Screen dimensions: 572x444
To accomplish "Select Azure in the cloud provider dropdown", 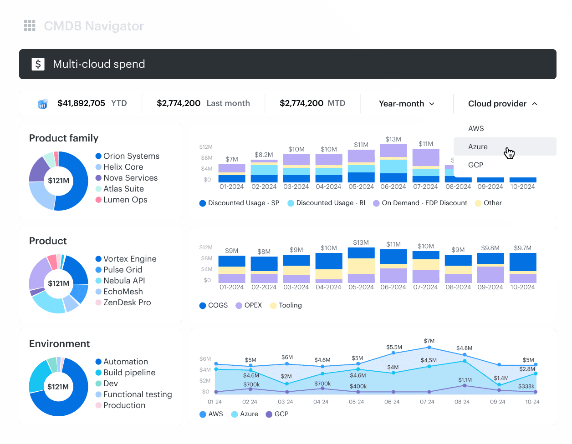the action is pos(477,146).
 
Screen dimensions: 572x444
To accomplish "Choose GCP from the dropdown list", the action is pos(475,165).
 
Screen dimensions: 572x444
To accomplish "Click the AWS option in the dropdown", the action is pos(475,128).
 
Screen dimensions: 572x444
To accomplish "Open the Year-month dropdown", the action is pos(406,104).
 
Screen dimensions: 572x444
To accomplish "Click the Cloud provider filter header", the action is pos(502,104).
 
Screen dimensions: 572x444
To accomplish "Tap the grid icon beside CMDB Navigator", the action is pos(30,25).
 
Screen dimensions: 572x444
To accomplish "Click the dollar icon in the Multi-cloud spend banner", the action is pos(38,64).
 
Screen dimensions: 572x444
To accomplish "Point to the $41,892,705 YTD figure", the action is pos(92,103).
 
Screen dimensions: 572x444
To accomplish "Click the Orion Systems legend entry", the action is pos(127,156).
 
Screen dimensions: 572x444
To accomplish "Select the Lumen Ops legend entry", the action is pos(121,200).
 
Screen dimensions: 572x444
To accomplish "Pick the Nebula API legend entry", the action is pos(120,281).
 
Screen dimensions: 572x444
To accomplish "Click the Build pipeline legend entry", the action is pos(125,373).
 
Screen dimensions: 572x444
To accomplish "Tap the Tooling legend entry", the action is pos(286,305).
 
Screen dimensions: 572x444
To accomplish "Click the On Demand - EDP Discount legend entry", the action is pos(420,203).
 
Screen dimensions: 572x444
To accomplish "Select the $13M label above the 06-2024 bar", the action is pos(393,139).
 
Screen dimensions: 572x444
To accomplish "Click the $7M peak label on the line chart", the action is pos(429,341).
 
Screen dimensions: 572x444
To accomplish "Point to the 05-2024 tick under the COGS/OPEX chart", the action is pos(361,287).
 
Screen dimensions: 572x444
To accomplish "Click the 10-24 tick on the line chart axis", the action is pos(532,402).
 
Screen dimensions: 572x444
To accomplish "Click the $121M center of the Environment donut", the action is pos(58,386).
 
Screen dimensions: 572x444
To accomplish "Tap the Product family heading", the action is pos(64,138).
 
